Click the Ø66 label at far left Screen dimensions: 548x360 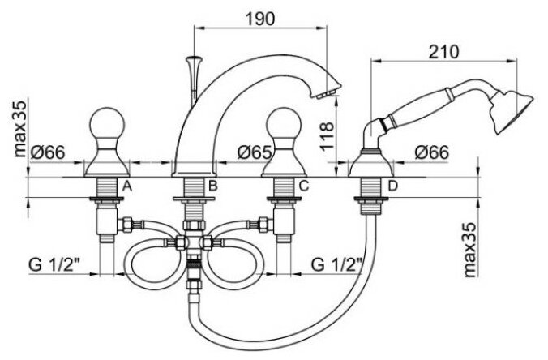coord(47,152)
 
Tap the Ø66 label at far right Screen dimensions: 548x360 coord(431,152)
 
